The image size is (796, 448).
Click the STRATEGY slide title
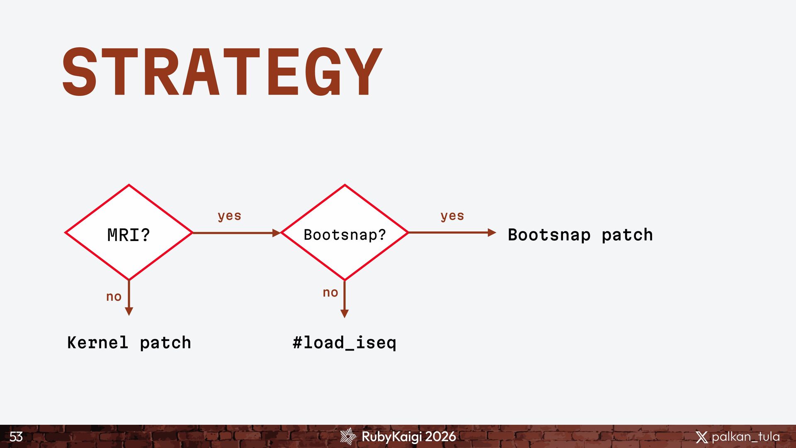[x=222, y=71]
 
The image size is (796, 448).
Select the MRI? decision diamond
[x=129, y=233]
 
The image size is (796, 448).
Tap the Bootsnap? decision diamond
[x=345, y=233]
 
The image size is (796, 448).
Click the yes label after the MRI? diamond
[x=229, y=216]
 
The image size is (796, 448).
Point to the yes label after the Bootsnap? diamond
[x=452, y=216]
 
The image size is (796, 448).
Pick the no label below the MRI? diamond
[x=114, y=297]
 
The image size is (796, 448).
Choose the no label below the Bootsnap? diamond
[x=330, y=292]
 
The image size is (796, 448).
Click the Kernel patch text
[x=129, y=343]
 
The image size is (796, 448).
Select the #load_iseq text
[x=345, y=343]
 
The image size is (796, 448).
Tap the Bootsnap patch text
[x=580, y=235]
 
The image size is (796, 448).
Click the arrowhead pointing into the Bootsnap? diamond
[x=277, y=233]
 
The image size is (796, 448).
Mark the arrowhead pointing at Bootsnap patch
[x=492, y=233]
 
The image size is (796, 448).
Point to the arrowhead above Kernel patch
[x=129, y=311]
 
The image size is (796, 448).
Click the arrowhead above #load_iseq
[x=345, y=314]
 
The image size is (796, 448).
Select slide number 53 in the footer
[x=16, y=436]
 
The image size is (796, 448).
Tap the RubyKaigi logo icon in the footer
[x=348, y=436]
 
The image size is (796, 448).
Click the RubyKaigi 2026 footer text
[x=409, y=436]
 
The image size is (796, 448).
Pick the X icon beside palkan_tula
[x=701, y=437]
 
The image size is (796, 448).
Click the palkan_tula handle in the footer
[x=745, y=437]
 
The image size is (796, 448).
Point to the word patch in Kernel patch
[x=165, y=343]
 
